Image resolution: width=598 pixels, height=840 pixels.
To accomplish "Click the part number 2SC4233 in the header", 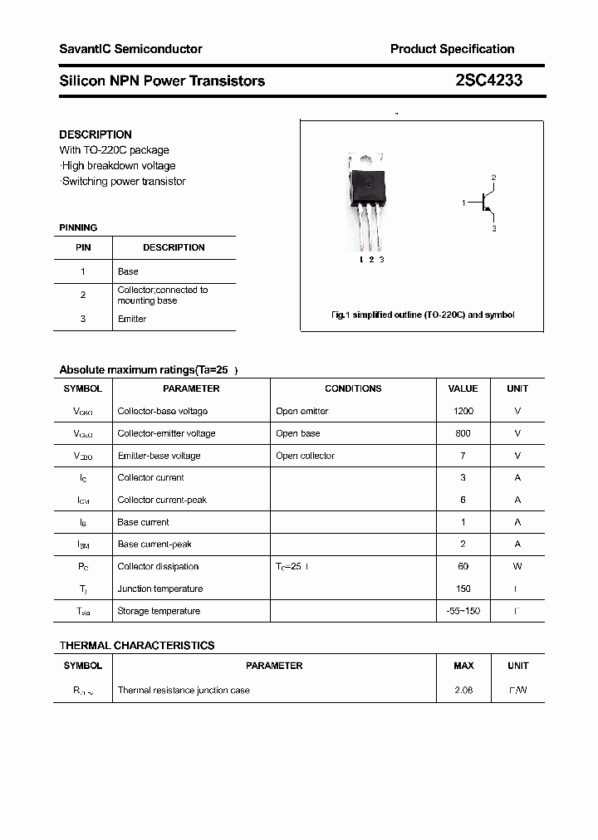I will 488,81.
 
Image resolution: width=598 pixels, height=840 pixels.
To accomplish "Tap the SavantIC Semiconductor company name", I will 130,49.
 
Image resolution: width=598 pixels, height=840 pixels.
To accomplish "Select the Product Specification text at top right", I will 452,49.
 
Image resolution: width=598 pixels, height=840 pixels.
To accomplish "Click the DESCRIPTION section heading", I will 96,134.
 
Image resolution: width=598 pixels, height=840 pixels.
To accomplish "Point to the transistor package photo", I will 367,203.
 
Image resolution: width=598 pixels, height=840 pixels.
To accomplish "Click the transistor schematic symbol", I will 485,203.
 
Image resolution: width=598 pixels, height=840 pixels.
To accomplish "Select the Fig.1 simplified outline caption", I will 423,315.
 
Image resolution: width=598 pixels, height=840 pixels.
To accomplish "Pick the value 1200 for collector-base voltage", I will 463,411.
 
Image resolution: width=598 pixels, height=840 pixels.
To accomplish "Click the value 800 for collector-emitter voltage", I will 463,433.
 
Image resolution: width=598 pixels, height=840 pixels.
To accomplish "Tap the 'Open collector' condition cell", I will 305,456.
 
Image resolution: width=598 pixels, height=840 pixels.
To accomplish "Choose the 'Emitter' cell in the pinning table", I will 132,319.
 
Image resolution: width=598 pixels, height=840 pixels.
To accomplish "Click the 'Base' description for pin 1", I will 128,271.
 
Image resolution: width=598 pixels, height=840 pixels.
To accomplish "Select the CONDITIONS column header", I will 353,388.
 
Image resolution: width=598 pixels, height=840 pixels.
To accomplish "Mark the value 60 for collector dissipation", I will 463,566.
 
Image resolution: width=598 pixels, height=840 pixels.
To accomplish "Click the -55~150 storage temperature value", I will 463,611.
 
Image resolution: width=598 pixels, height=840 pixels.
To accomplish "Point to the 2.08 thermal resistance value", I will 463,690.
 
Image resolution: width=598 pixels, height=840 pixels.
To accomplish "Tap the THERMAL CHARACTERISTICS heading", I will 136,645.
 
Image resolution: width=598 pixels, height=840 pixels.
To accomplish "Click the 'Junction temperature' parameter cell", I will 160,588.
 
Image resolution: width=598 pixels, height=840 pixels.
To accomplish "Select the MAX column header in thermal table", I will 463,666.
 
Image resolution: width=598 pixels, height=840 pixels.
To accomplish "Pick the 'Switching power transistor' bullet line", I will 123,181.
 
